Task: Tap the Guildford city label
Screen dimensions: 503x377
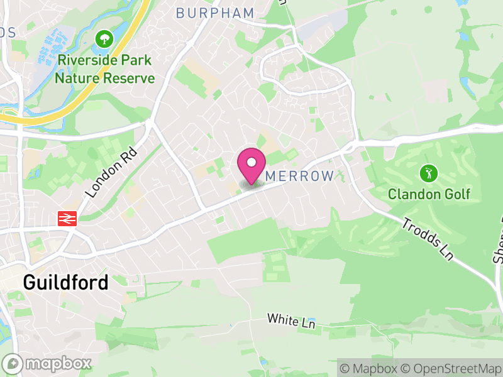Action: [65, 282]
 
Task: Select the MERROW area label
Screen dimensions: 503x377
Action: [299, 177]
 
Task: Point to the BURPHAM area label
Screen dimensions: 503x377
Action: [215, 13]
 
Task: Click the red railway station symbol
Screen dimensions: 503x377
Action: [66, 218]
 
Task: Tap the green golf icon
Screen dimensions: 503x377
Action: [429, 172]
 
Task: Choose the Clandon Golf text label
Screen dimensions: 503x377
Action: [429, 194]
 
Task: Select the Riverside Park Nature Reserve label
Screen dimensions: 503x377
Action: [104, 69]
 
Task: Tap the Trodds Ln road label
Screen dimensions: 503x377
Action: [428, 239]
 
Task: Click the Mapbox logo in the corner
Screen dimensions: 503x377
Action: [48, 363]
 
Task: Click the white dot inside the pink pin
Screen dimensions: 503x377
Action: [251, 162]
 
